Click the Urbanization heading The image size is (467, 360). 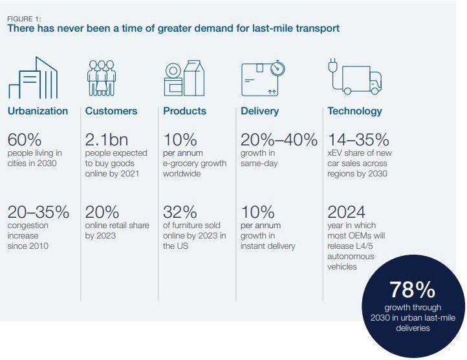click(38, 111)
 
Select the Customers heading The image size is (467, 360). click(111, 111)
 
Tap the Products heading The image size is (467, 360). click(184, 111)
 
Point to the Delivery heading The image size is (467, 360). click(259, 111)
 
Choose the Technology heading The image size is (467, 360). click(354, 111)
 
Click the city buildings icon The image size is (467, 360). click(33, 78)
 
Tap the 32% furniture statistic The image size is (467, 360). click(179, 212)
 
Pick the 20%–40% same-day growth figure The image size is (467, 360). click(279, 140)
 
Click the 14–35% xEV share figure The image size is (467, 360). click(358, 140)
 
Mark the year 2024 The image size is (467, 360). click(347, 212)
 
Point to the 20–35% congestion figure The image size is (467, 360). click(38, 212)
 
